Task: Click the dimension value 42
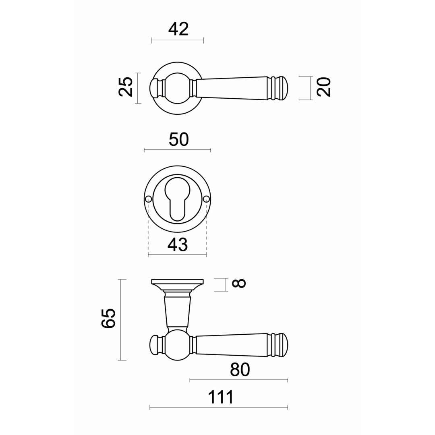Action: [x=178, y=29]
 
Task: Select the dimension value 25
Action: [x=126, y=87]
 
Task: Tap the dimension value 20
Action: [x=324, y=87]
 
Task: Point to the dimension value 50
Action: [x=179, y=139]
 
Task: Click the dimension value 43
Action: [x=178, y=245]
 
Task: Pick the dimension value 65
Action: [x=108, y=318]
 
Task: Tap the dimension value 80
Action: [x=240, y=369]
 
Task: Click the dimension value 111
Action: [x=221, y=397]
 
